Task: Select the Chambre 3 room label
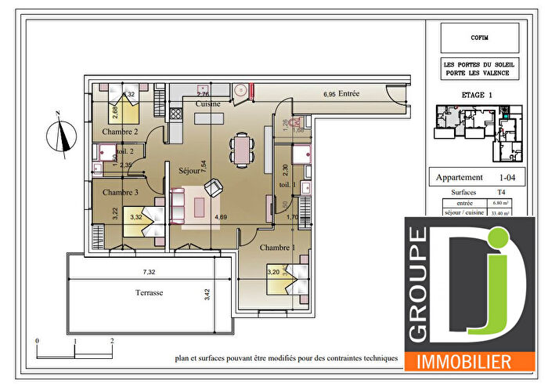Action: [x=120, y=192]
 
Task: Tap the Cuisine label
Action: [x=207, y=103]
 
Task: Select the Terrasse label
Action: [x=149, y=292]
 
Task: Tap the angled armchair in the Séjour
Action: [x=211, y=188]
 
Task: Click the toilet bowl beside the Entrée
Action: [x=297, y=123]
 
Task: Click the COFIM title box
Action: [x=479, y=37]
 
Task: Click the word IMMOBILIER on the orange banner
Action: [x=467, y=362]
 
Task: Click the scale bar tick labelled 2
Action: [x=112, y=342]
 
